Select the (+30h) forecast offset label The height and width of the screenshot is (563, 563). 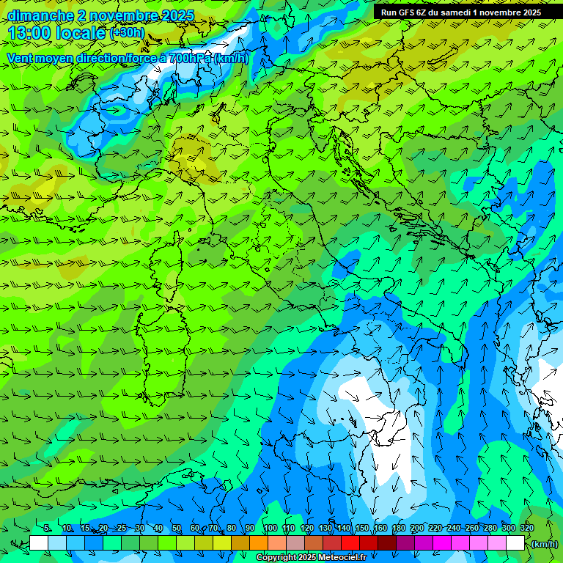coord(127,33)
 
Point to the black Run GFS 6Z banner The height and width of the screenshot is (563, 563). coord(461,12)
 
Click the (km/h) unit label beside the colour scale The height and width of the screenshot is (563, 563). coord(545,544)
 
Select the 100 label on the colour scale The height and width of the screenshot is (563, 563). coord(270,529)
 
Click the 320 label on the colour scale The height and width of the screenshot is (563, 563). coord(526,529)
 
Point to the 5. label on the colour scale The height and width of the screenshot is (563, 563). coord(48,529)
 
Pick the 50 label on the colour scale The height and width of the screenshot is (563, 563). coord(177,529)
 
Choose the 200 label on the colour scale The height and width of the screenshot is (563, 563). coord(416,529)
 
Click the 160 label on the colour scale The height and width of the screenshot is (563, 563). coord(380,529)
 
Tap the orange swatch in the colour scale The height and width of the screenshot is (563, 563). coord(259,543)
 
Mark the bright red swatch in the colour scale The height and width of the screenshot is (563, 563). coord(350,543)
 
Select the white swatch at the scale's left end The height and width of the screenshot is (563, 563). coord(39,543)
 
